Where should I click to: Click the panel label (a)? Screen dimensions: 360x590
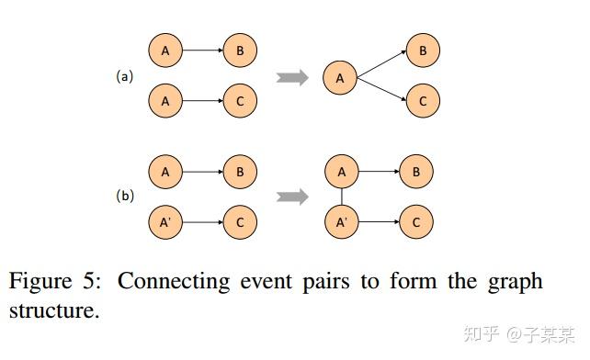point(124,77)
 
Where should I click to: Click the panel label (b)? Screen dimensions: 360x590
point(124,196)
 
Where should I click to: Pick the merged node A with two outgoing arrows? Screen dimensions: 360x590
point(340,78)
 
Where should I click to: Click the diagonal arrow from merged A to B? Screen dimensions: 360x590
point(381,64)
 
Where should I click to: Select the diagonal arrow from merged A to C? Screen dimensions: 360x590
point(381,91)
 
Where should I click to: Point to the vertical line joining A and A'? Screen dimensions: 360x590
point(341,196)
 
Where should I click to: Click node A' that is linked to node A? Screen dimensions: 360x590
point(341,221)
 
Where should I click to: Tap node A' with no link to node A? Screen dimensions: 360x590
point(165,221)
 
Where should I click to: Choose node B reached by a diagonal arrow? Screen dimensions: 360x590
point(423,51)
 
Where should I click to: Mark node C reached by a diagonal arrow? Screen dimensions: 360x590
point(423,101)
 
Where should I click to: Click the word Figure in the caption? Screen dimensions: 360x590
point(40,282)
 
